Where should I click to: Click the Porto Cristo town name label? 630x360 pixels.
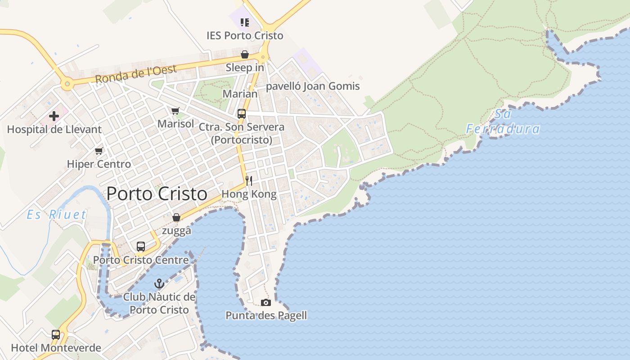pyautogui.click(x=157, y=194)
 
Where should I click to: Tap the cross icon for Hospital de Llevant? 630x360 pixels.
pyautogui.click(x=54, y=117)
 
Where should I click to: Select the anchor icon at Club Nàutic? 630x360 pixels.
pyautogui.click(x=159, y=283)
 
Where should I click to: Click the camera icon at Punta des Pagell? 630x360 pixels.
pyautogui.click(x=266, y=302)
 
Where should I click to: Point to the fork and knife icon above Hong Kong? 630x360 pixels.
pyautogui.click(x=248, y=181)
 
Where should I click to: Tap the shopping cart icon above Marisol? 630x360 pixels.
pyautogui.click(x=175, y=111)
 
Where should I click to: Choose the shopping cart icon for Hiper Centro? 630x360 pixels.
pyautogui.click(x=99, y=151)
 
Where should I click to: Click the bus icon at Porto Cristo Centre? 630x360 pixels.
pyautogui.click(x=141, y=247)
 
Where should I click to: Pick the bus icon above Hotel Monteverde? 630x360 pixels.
pyautogui.click(x=56, y=335)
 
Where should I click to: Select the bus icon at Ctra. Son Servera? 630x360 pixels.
pyautogui.click(x=242, y=114)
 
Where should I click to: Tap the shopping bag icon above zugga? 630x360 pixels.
pyautogui.click(x=176, y=218)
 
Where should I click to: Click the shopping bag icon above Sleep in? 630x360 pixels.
pyautogui.click(x=245, y=55)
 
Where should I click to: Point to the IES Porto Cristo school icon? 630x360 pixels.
pyautogui.click(x=245, y=22)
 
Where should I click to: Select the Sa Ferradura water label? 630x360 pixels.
pyautogui.click(x=503, y=121)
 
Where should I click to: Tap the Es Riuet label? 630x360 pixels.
pyautogui.click(x=56, y=215)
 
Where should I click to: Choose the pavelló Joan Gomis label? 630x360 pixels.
pyautogui.click(x=313, y=86)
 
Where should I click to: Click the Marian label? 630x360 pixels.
pyautogui.click(x=240, y=94)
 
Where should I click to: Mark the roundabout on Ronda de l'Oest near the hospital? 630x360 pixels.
pyautogui.click(x=67, y=83)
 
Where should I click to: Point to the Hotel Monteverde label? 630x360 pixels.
pyautogui.click(x=56, y=348)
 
